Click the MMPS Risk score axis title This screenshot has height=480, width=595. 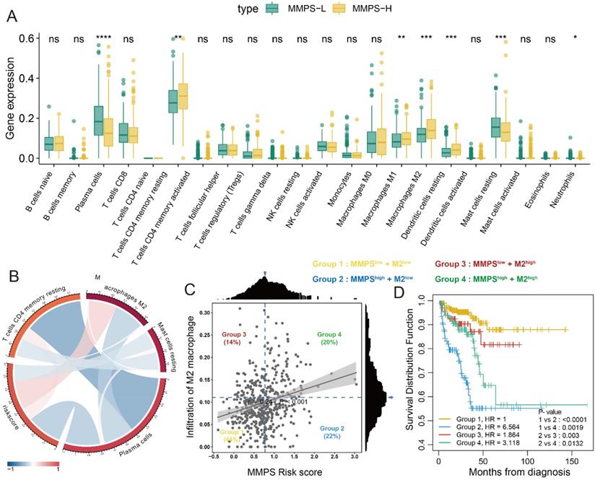(286, 471)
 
